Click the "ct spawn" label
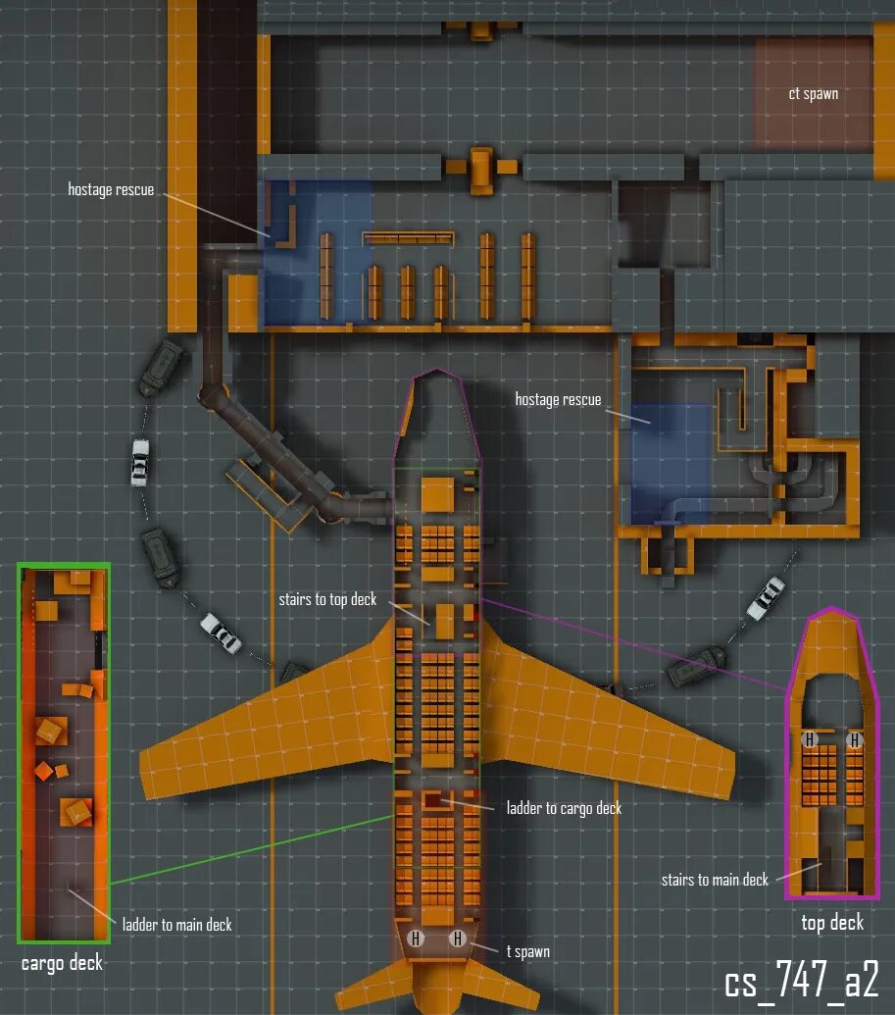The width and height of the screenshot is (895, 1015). pyautogui.click(x=813, y=94)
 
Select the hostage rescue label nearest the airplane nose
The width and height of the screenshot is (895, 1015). pyautogui.click(x=558, y=400)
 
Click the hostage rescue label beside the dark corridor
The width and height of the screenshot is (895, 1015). pyautogui.click(x=111, y=189)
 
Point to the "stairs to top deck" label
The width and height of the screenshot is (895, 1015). pyautogui.click(x=327, y=599)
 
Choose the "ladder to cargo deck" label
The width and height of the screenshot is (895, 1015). pyautogui.click(x=564, y=808)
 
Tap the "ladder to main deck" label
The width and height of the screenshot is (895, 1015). pyautogui.click(x=176, y=924)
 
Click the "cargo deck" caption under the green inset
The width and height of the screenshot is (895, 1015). pyautogui.click(x=62, y=963)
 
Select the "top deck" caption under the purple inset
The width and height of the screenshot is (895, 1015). pyautogui.click(x=832, y=922)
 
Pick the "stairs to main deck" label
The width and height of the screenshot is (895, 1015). pyautogui.click(x=715, y=880)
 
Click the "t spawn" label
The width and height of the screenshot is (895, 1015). pyautogui.click(x=528, y=951)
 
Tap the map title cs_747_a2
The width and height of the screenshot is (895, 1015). pyautogui.click(x=801, y=981)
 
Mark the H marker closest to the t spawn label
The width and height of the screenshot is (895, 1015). pyautogui.click(x=458, y=939)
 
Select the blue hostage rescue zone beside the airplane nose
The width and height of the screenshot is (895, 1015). pyautogui.click(x=671, y=461)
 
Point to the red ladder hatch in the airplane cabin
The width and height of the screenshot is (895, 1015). pyautogui.click(x=432, y=800)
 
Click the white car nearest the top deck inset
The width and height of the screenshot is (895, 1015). pyautogui.click(x=766, y=597)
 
